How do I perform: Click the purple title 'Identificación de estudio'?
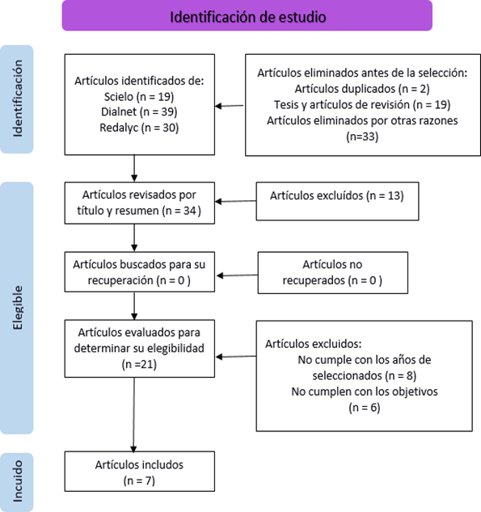coord(247,17)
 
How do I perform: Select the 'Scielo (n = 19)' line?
coord(139,97)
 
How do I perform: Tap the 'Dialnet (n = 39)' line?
coord(139,111)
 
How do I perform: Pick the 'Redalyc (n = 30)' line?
coord(139,128)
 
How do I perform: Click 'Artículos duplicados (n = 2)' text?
coord(362,89)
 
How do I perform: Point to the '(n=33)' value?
coord(362,136)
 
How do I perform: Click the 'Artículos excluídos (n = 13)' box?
coord(337,201)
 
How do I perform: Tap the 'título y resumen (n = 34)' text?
coord(139,211)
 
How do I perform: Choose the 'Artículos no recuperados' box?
coord(332,273)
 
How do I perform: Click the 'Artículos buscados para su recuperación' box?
coord(140,271)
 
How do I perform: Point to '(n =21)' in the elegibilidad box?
coord(139,364)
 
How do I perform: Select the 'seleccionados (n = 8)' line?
coord(364,376)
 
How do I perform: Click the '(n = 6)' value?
coord(364,408)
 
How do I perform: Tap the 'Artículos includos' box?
coord(140,471)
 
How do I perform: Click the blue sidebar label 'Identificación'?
coord(17,99)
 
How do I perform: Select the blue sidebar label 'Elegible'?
coord(17,308)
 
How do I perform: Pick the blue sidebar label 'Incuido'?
coord(17,481)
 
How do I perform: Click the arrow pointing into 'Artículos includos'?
coord(133,415)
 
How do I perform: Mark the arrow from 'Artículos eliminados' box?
coord(230,106)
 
